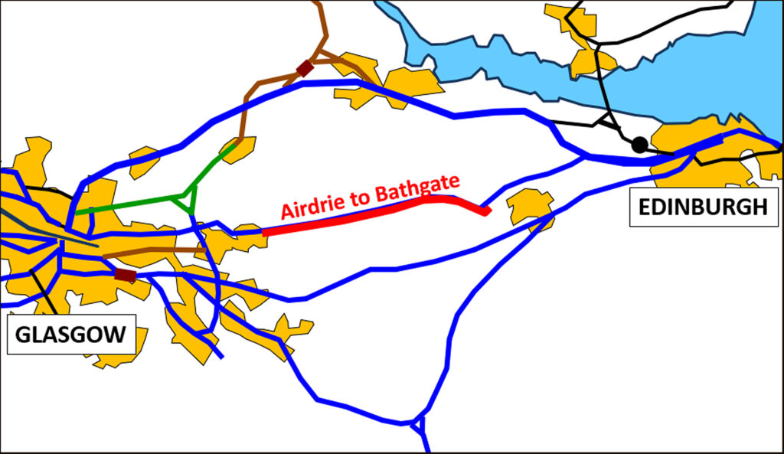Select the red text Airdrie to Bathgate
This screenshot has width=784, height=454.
[x=371, y=198]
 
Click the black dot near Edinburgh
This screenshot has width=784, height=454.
[x=639, y=144]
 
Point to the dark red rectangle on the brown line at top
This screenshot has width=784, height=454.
[x=305, y=68]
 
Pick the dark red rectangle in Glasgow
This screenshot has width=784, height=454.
[x=125, y=275]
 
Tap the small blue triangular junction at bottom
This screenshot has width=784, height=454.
[x=418, y=423]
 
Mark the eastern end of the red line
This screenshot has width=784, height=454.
[x=485, y=211]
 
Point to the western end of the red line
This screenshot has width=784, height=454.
[x=264, y=231]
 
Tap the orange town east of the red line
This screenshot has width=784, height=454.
[x=531, y=205]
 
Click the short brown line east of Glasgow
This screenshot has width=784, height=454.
[x=153, y=251]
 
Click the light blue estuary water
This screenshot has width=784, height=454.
[x=689, y=77]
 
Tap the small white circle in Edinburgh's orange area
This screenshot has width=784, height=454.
[x=746, y=155]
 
